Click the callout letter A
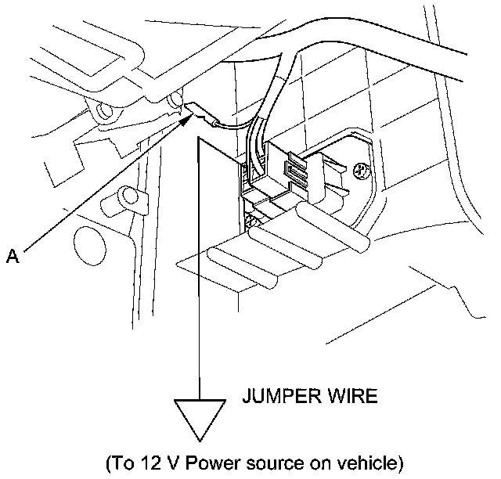tap(12, 254)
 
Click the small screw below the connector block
tap(252, 221)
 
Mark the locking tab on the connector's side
tap(296, 169)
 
